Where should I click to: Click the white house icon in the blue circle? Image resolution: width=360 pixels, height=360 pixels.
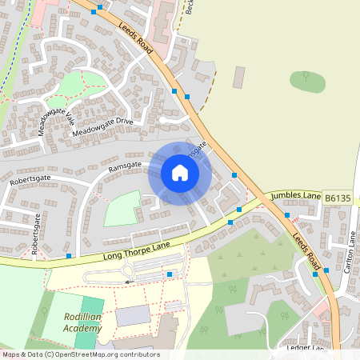coord(180,173)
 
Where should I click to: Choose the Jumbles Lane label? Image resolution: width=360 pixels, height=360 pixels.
coord(295,194)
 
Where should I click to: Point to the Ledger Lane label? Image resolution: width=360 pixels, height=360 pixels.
coord(306,348)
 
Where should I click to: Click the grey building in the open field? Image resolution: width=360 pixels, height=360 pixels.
coord(238,78)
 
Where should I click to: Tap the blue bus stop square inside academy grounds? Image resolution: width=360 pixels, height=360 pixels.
coord(170,274)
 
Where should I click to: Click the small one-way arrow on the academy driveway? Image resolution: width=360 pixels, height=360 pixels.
coord(127,282)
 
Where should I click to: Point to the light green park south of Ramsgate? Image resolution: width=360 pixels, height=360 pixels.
coord(121,208)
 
